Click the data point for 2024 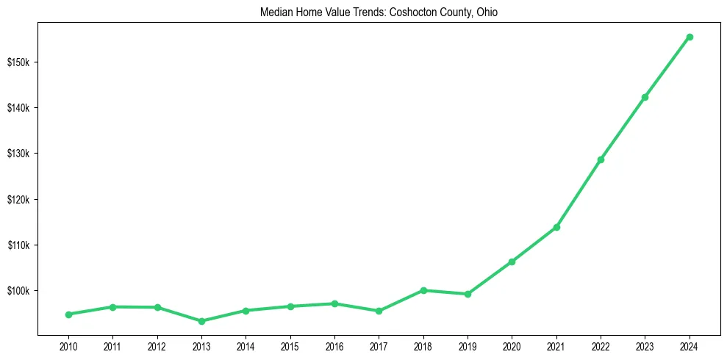point(690,37)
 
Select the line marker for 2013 point(201,321)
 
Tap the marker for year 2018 point(423,290)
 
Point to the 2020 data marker point(512,262)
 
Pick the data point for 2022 point(601,159)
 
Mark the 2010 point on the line point(68,314)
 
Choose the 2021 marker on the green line point(556,227)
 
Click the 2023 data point point(645,97)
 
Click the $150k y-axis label point(18,62)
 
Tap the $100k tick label point(18,291)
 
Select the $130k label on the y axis point(18,154)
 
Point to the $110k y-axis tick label point(18,245)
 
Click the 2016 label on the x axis point(334,346)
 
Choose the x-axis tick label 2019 point(468,346)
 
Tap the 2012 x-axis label point(157,346)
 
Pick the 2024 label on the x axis point(690,346)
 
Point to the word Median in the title point(276,12)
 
